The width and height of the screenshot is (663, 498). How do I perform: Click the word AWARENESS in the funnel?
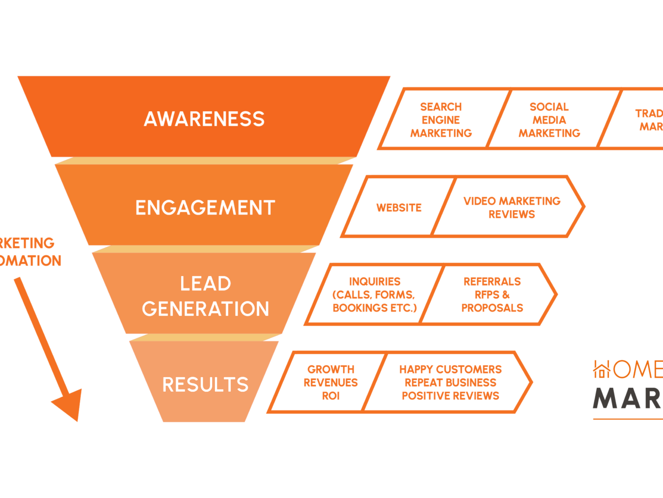click(x=204, y=119)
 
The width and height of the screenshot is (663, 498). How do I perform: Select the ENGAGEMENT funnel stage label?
click(x=205, y=207)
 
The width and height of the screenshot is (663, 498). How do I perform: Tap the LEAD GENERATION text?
click(x=205, y=296)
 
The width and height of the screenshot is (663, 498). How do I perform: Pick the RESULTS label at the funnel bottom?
click(x=205, y=384)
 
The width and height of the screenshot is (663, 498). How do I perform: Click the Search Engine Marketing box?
click(x=441, y=120)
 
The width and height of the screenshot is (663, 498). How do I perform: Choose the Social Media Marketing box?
click(x=549, y=120)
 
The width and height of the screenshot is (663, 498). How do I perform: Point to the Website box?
click(x=399, y=207)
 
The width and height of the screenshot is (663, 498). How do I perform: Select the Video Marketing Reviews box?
click(x=512, y=207)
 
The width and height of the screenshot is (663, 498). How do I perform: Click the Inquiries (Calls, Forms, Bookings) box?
click(x=375, y=294)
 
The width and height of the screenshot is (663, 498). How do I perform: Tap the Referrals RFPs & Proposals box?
click(x=492, y=294)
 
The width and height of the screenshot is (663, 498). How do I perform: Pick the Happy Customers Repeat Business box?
click(x=450, y=382)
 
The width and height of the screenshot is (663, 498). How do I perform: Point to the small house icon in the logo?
click(x=602, y=369)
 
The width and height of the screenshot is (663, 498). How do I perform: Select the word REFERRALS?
click(x=492, y=282)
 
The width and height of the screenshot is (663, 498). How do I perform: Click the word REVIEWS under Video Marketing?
click(x=512, y=214)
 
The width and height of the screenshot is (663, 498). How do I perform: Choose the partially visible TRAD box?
click(x=641, y=120)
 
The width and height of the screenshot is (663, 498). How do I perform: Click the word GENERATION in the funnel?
click(x=205, y=308)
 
